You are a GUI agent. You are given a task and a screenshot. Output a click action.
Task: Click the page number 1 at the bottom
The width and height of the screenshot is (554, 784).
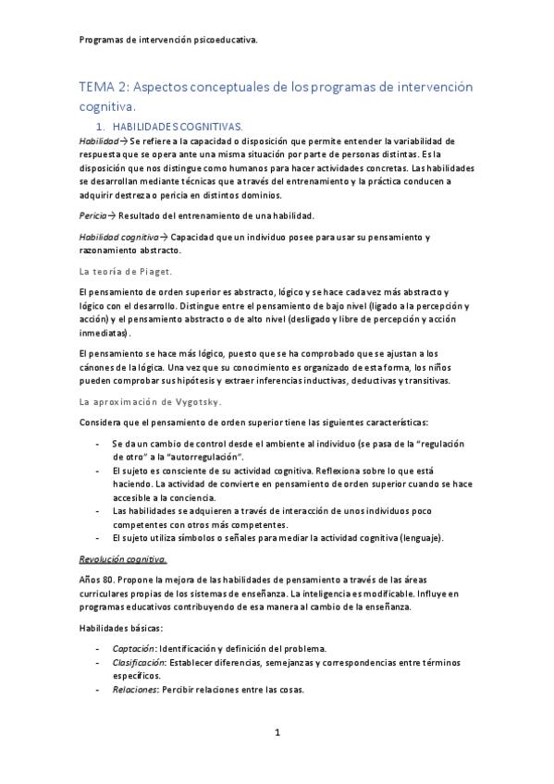277,733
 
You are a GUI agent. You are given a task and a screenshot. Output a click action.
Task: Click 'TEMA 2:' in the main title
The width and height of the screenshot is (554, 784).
105,87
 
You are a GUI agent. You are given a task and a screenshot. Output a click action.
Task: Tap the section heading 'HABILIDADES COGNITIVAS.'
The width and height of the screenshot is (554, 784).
177,126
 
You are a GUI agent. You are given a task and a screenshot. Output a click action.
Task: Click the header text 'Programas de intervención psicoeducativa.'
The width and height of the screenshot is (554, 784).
168,40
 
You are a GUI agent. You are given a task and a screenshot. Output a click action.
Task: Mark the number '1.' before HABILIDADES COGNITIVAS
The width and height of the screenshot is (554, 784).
101,126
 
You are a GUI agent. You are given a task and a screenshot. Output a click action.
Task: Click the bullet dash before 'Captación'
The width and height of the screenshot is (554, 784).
98,647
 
